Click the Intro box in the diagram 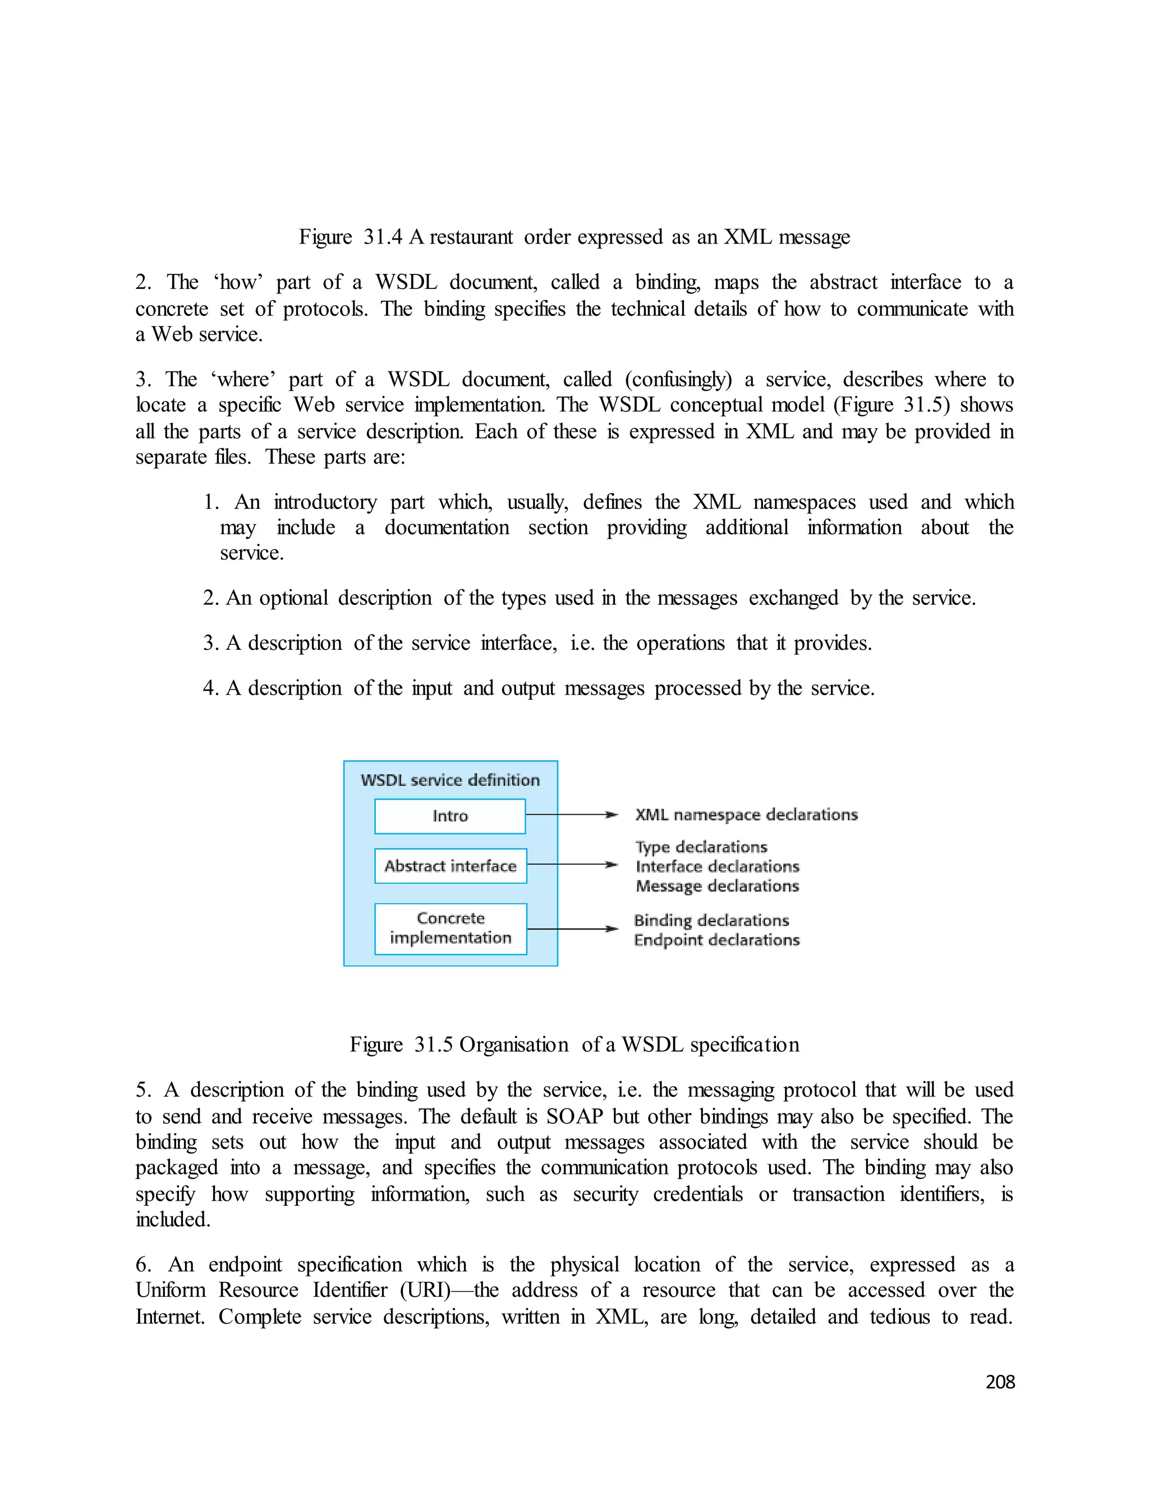(450, 816)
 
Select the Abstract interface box (451, 865)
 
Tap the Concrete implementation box (451, 928)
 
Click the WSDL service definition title (450, 779)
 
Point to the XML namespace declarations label (746, 814)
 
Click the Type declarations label (701, 847)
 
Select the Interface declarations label (718, 866)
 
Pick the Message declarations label (718, 886)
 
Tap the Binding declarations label (711, 920)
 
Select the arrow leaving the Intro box (572, 814)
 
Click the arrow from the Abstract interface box (572, 865)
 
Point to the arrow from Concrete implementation (572, 929)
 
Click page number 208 (1000, 1382)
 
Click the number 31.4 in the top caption (383, 237)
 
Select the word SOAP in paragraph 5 (574, 1117)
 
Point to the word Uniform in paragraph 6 (170, 1289)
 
